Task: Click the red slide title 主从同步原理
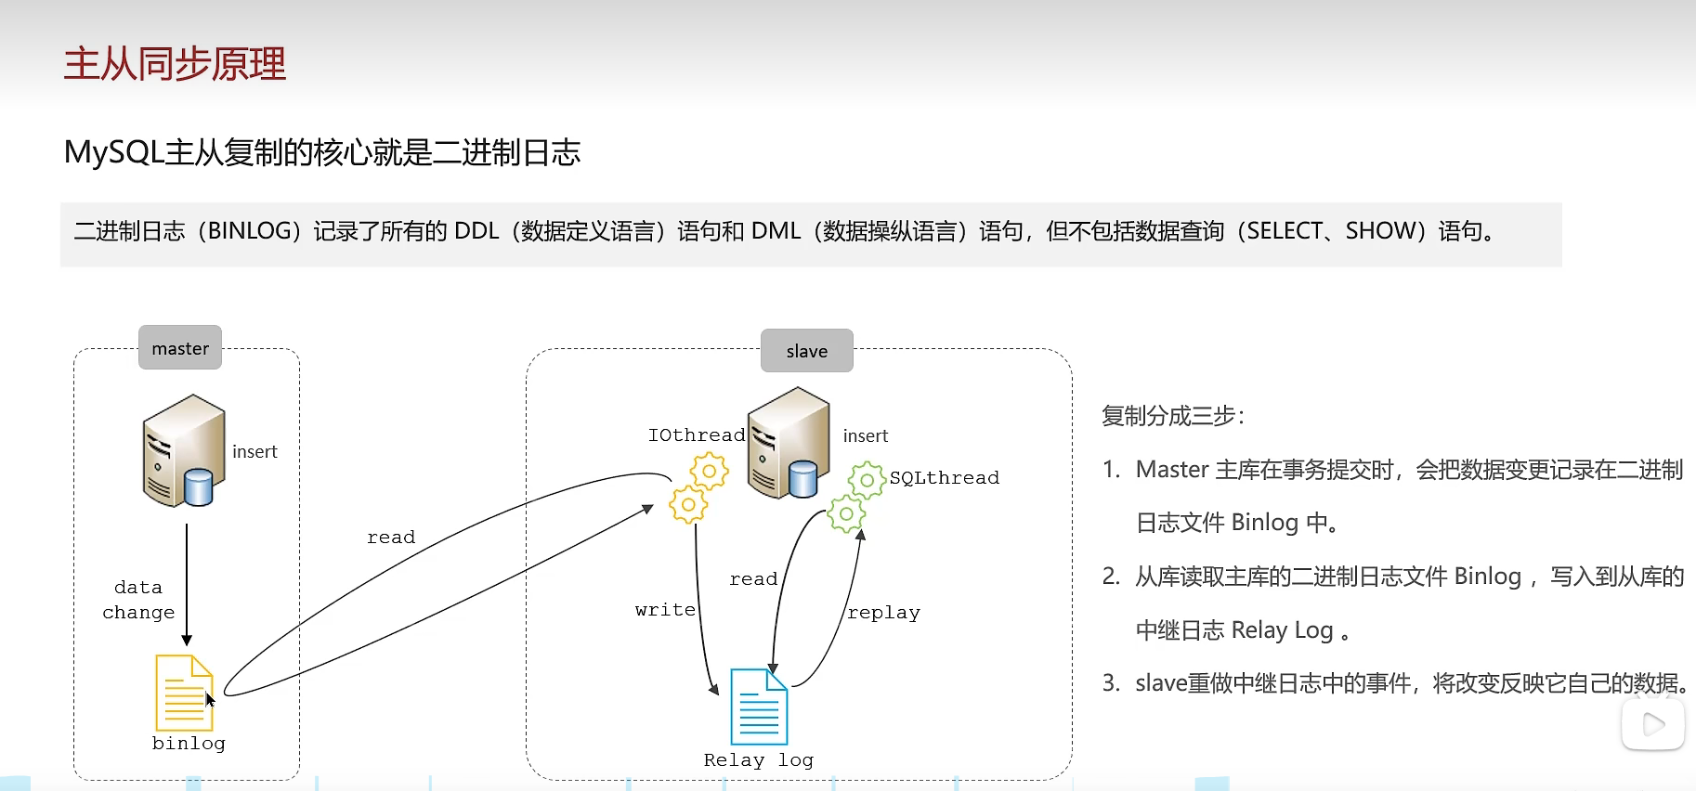[x=175, y=64]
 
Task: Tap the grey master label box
[x=180, y=348]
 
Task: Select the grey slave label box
[x=806, y=351]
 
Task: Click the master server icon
[x=183, y=451]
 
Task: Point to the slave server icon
[x=788, y=444]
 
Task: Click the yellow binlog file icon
[x=184, y=693]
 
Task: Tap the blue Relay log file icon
[x=759, y=707]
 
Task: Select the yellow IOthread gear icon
[x=698, y=488]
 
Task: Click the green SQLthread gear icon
[x=856, y=497]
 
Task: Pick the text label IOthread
[x=696, y=434]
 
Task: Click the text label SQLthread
[x=944, y=477]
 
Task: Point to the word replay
[x=883, y=612]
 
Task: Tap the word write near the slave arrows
[x=665, y=609]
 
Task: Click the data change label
[x=138, y=600]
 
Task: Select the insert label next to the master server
[x=254, y=451]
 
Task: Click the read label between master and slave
[x=391, y=537]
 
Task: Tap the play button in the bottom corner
[x=1652, y=724]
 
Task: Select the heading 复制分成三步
[x=1172, y=415]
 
